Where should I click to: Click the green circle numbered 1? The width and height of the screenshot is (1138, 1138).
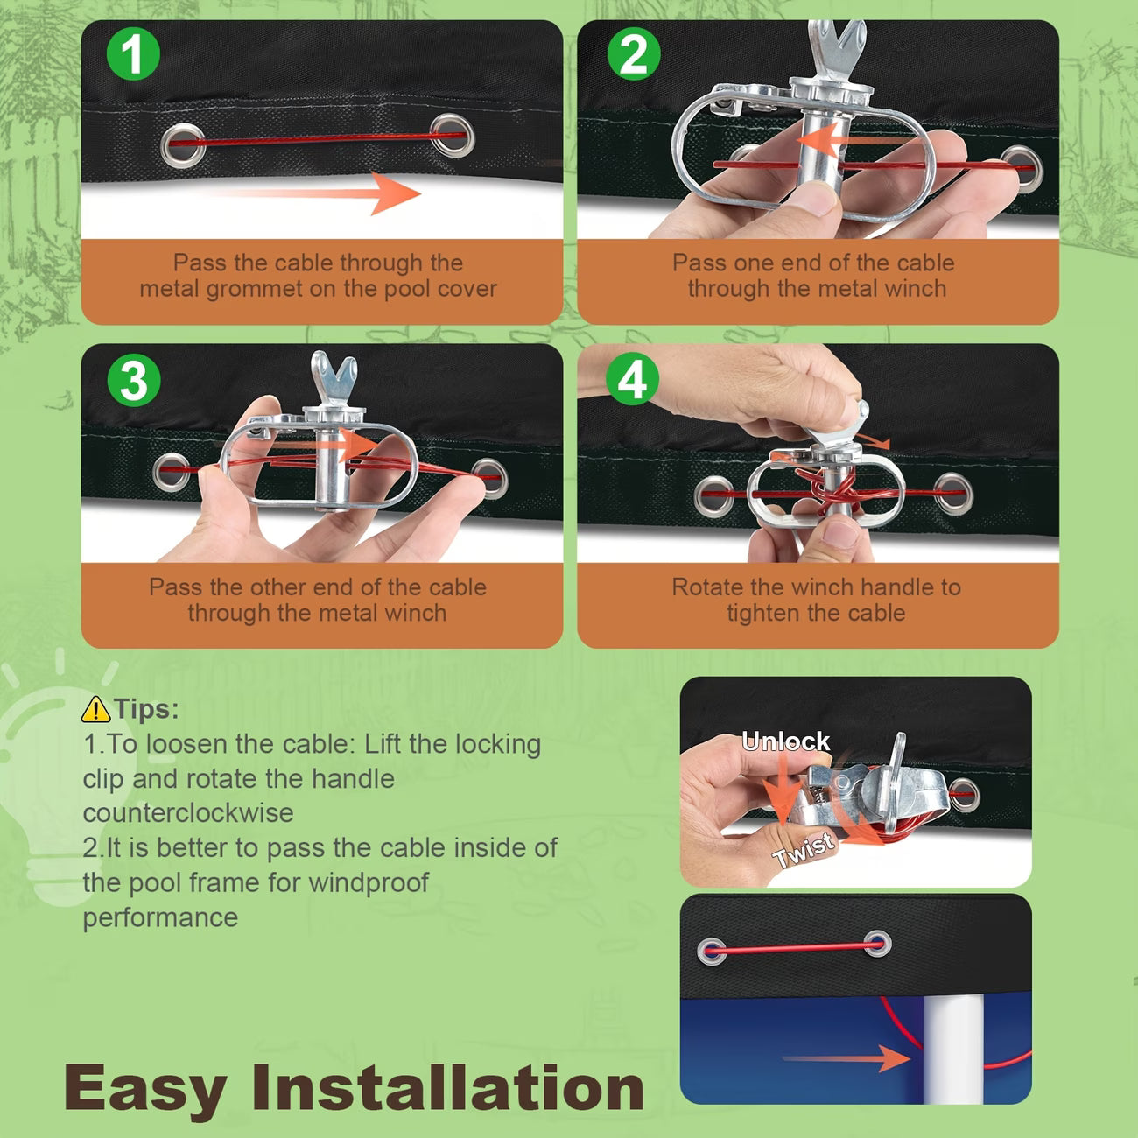click(x=133, y=53)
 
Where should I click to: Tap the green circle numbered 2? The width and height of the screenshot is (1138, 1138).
click(x=634, y=53)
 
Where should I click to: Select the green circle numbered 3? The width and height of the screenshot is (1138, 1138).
click(x=133, y=380)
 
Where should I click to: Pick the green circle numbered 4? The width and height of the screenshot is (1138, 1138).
click(x=633, y=378)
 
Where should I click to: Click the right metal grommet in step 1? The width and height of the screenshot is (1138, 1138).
click(x=452, y=135)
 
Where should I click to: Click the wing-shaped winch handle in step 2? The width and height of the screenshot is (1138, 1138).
click(x=838, y=48)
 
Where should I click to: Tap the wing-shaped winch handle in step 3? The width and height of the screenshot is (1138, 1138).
click(x=334, y=378)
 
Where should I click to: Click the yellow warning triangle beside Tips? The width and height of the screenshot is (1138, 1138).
click(x=95, y=709)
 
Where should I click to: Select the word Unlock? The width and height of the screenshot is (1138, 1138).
click(x=785, y=741)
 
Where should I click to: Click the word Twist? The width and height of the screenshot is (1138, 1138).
click(x=803, y=850)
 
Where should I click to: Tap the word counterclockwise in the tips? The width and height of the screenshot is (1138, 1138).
click(x=188, y=813)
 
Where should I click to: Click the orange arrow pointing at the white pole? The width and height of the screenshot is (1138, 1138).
click(x=846, y=1057)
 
